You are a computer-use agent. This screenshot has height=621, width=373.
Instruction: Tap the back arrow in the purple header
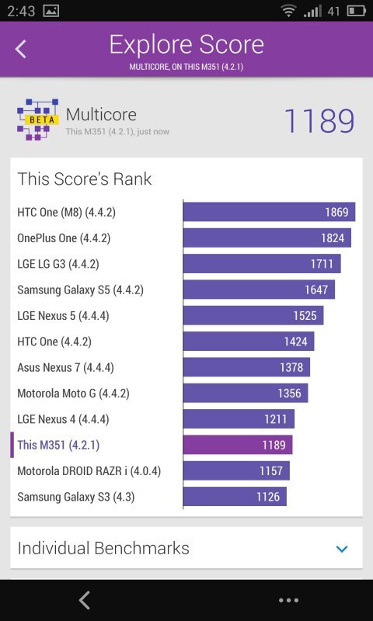pyautogui.click(x=21, y=49)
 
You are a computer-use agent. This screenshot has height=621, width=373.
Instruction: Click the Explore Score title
pyautogui.click(x=186, y=44)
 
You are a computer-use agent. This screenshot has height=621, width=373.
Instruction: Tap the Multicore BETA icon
pyautogui.click(x=37, y=120)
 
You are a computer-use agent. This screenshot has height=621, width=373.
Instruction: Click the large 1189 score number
pyautogui.click(x=319, y=121)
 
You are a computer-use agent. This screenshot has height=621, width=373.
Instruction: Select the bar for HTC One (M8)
pyautogui.click(x=269, y=212)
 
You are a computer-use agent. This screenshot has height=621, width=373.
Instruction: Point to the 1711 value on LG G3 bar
pyautogui.click(x=322, y=264)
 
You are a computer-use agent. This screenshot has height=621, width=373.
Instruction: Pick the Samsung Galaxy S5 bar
pyautogui.click(x=259, y=290)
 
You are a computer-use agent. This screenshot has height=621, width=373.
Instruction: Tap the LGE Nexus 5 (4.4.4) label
pyautogui.click(x=63, y=316)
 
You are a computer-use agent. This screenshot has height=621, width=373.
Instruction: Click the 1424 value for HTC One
pyautogui.click(x=295, y=342)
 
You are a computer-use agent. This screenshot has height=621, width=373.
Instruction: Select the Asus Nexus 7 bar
pyautogui.click(x=246, y=367)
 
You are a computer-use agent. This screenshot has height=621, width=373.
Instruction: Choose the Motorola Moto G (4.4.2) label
pyautogui.click(x=73, y=394)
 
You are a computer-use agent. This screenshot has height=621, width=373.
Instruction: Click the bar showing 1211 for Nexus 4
pyautogui.click(x=239, y=419)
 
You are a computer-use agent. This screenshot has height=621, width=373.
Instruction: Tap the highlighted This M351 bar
pyautogui.click(x=238, y=445)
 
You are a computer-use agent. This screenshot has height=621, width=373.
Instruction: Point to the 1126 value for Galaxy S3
pyautogui.click(x=267, y=497)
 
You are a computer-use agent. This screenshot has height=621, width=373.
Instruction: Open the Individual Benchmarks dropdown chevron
pyautogui.click(x=342, y=549)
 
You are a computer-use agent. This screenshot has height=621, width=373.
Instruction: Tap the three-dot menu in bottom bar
pyautogui.click(x=288, y=600)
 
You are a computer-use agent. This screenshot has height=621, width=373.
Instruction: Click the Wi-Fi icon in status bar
pyautogui.click(x=289, y=11)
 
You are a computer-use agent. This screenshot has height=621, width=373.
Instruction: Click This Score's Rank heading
pyautogui.click(x=85, y=179)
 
